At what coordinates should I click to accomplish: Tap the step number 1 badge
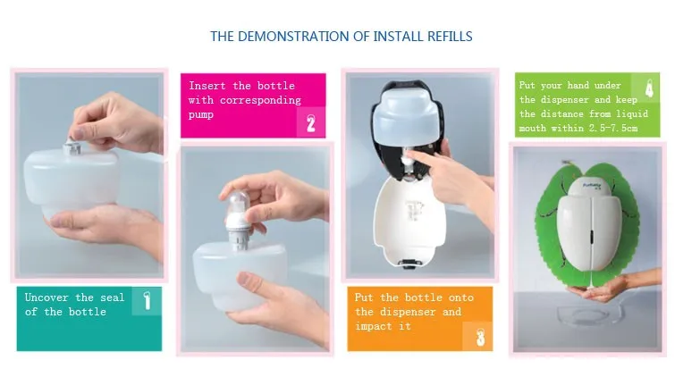146,301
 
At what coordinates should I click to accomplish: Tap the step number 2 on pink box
310,122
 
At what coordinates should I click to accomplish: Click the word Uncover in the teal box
46,297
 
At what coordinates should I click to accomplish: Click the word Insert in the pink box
207,86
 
